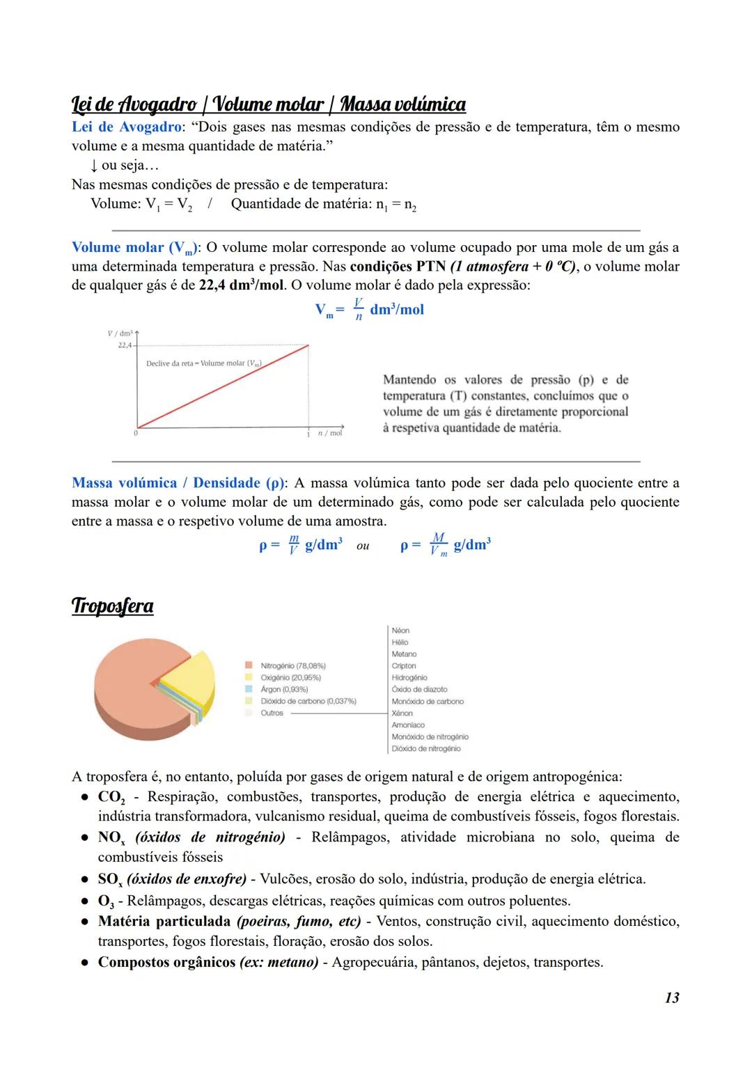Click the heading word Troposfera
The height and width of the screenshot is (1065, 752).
[x=112, y=606]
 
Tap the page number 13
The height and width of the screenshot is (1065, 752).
[x=671, y=997]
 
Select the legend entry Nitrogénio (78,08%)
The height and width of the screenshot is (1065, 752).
[x=292, y=666]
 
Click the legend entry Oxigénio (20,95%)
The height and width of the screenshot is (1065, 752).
[x=290, y=677]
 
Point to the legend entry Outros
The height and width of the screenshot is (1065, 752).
[x=272, y=713]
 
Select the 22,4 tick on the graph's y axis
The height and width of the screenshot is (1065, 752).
[x=125, y=345]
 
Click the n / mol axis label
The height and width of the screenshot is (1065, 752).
[x=329, y=433]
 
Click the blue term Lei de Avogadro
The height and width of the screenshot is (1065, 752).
[x=126, y=127]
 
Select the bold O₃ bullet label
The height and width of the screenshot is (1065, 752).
[x=105, y=901]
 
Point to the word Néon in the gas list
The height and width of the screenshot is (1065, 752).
[x=400, y=631]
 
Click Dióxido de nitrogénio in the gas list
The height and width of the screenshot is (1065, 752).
[x=425, y=748]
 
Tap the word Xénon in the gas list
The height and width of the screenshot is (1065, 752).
[x=402, y=713]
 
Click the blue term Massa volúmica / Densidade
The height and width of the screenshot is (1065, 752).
[x=177, y=482]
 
